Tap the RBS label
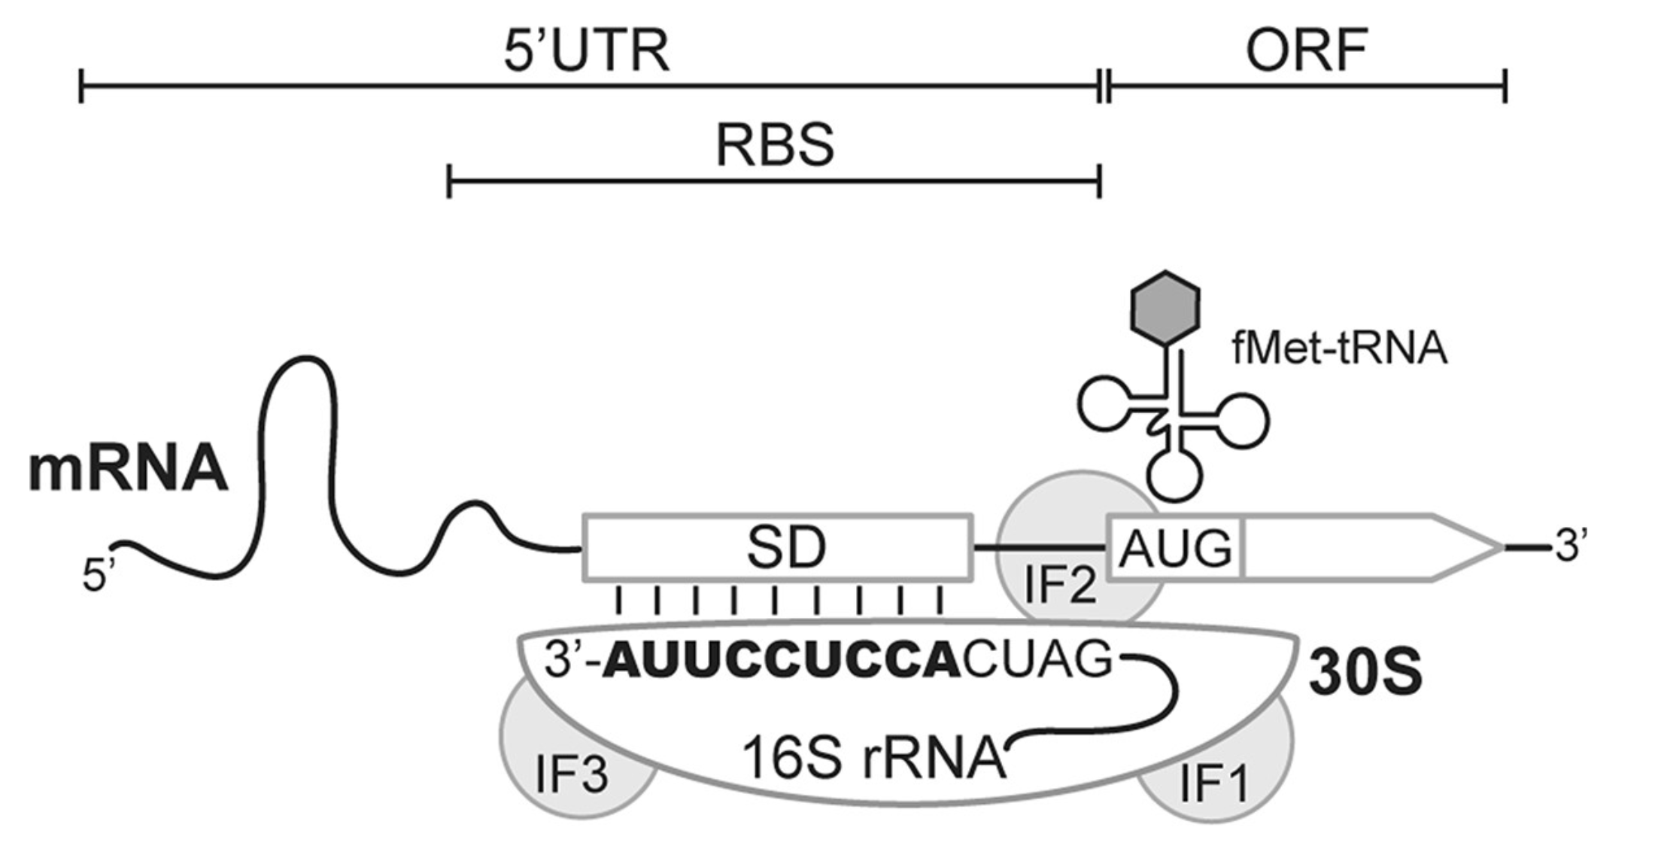pyautogui.click(x=774, y=145)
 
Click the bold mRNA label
pyautogui.click(x=128, y=470)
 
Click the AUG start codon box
pyautogui.click(x=1175, y=549)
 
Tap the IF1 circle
pyautogui.click(x=1214, y=783)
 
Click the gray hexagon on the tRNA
pyautogui.click(x=1165, y=308)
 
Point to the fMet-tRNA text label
pyautogui.click(x=1339, y=349)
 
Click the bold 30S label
pyautogui.click(x=1365, y=674)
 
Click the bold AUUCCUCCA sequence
pyautogui.click(x=782, y=662)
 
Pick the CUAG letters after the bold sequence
pyautogui.click(x=1037, y=660)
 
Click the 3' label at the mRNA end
pyautogui.click(x=1571, y=546)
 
